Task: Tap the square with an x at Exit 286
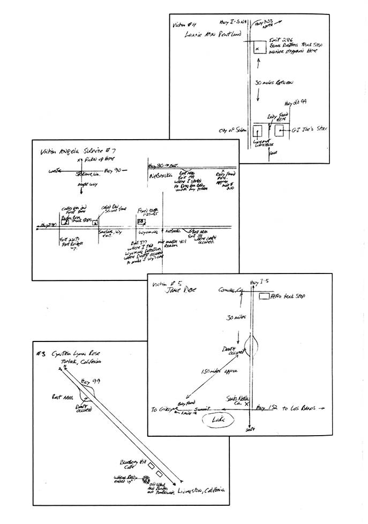[x=258, y=48]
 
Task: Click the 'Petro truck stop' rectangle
[x=264, y=296]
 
